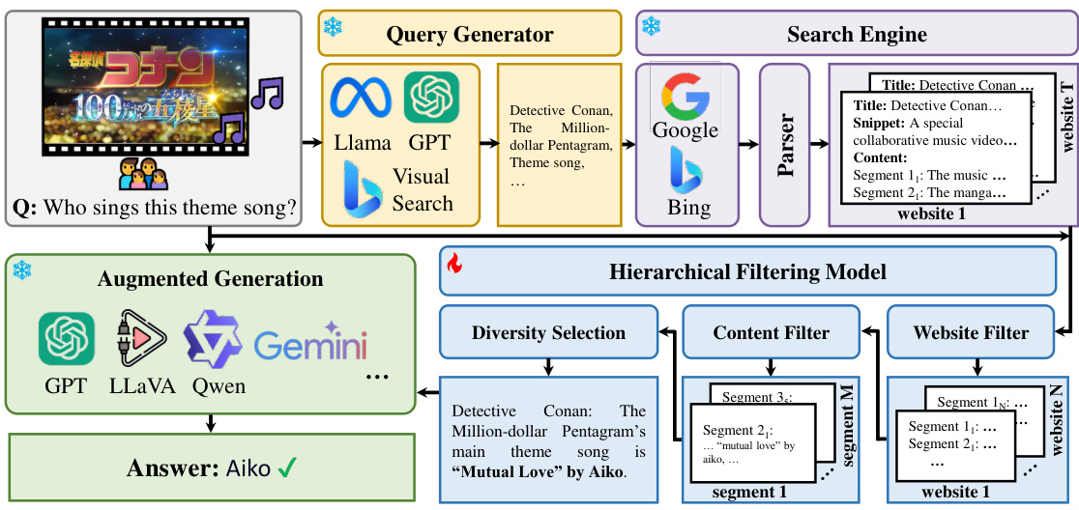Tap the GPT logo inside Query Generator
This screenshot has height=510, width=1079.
pos(431,97)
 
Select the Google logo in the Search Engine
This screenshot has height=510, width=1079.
pos(685,96)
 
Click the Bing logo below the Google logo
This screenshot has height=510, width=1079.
pos(685,171)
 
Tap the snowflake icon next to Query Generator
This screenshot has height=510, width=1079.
pos(333,29)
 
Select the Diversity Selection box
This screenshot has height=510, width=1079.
pos(548,333)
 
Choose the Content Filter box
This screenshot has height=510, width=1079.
pos(771,333)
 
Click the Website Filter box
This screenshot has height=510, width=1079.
pos(971,333)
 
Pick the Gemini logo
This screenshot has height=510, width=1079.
pos(308,344)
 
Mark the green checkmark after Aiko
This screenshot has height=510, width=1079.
pos(287,469)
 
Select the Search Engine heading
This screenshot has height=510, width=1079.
pos(856,35)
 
